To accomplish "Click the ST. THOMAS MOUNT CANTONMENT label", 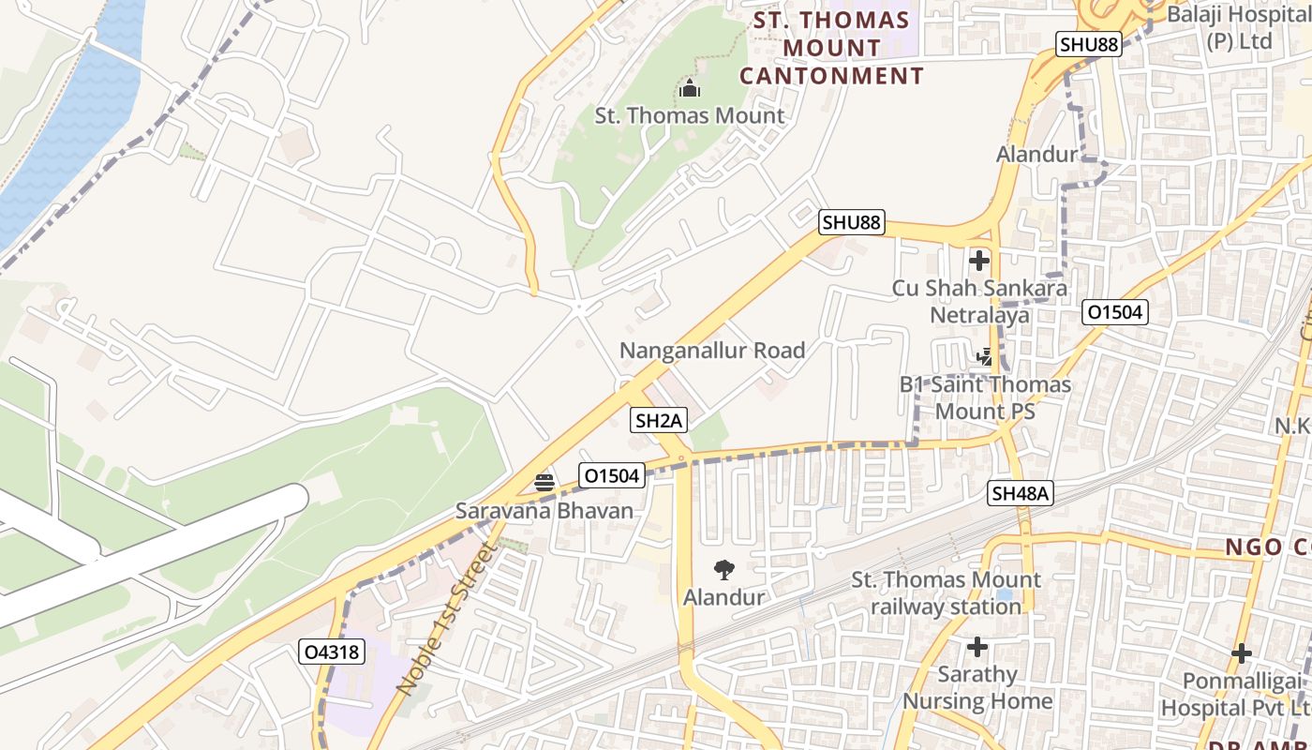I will [x=831, y=48].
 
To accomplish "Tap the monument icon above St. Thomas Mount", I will [x=690, y=89].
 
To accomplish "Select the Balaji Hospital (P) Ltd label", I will [x=1237, y=28].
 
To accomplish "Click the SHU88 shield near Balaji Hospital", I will [x=1088, y=44].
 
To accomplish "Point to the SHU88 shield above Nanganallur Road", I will [x=851, y=222].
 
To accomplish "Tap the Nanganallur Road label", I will [x=712, y=351].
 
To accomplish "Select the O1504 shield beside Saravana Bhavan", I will [x=612, y=475].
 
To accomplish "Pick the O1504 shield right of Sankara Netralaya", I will [x=1115, y=312].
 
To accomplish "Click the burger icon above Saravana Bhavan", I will [x=544, y=483].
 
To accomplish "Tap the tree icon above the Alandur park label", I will [x=723, y=569].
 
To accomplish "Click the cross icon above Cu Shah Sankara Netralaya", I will [x=979, y=260].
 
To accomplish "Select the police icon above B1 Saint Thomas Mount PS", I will [x=984, y=357].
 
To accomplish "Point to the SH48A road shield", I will [x=1021, y=493].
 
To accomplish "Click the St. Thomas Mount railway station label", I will [x=946, y=593].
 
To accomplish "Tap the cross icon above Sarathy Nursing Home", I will [x=977, y=647].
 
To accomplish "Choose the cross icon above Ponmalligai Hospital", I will [x=1241, y=653].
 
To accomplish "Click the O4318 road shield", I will [x=332, y=652].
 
